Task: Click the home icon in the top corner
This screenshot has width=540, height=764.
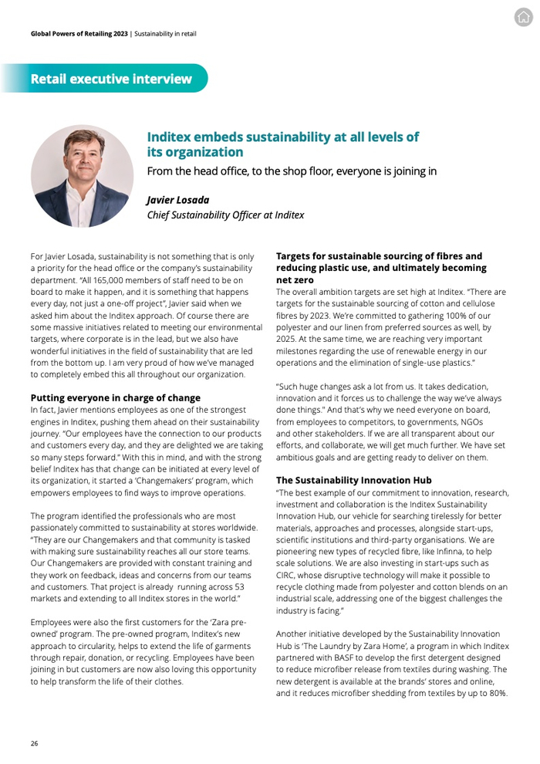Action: [524, 18]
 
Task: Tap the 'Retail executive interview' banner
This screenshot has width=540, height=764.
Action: [111, 79]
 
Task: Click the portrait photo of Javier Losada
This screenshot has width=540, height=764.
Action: [82, 176]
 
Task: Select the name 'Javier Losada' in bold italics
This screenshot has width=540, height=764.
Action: [178, 200]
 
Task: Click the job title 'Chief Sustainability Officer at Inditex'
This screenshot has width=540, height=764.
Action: [225, 215]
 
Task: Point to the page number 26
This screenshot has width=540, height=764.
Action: [34, 743]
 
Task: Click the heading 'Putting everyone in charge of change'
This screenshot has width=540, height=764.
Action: [115, 398]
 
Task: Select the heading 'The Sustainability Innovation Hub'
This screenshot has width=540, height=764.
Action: [353, 480]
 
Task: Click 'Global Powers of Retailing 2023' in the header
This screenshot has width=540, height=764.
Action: [79, 34]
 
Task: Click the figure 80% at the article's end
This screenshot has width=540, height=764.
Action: [496, 693]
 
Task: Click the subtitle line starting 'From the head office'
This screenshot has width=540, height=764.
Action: [292, 171]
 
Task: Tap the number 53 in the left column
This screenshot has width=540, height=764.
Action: [238, 587]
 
